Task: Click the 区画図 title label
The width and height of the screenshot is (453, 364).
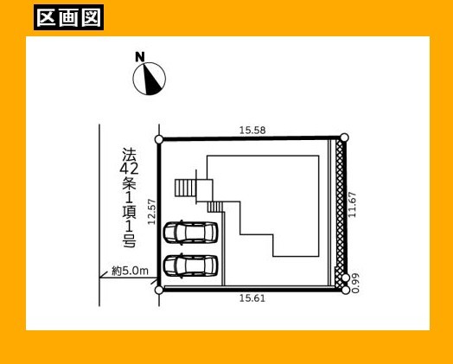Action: (x=69, y=17)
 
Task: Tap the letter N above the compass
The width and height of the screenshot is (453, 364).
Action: (x=140, y=56)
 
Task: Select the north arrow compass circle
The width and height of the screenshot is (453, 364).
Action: (x=150, y=79)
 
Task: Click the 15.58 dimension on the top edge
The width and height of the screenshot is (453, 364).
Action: (x=252, y=131)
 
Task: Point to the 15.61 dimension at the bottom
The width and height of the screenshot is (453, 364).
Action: (x=252, y=297)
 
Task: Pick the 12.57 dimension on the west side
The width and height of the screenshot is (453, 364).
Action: (x=152, y=212)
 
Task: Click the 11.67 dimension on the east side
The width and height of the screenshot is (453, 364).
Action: (x=353, y=205)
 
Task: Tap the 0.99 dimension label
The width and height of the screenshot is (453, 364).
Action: (x=355, y=283)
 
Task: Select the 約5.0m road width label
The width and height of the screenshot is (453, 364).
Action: (x=130, y=271)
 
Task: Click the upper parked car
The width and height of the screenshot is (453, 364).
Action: (x=190, y=233)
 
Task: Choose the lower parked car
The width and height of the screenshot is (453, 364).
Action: (x=190, y=265)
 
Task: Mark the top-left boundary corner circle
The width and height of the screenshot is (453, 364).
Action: (x=159, y=139)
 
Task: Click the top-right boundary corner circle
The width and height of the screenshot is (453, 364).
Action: (x=344, y=137)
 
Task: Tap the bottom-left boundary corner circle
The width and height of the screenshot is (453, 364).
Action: (x=159, y=290)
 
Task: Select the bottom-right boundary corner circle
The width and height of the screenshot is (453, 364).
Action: (x=346, y=290)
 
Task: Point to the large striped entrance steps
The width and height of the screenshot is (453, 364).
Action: (x=186, y=188)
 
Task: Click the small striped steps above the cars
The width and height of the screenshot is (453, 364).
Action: (x=215, y=207)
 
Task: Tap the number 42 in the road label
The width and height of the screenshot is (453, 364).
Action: (x=129, y=169)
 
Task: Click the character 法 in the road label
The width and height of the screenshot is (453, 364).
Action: (x=129, y=155)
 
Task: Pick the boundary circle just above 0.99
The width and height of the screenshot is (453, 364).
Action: (x=346, y=278)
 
